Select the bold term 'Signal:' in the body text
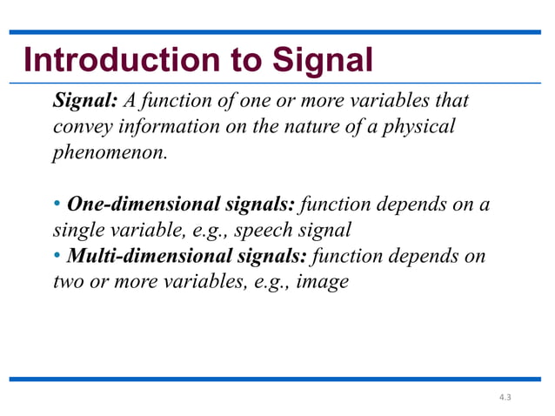tap(85, 101)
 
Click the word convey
tap(81, 127)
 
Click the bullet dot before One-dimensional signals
tap(57, 205)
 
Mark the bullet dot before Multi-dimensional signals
tap(57, 257)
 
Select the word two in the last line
tap(68, 283)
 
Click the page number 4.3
tap(505, 397)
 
